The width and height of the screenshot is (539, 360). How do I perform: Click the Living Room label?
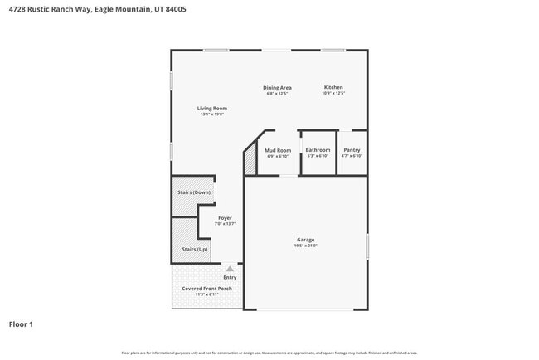tap(211, 108)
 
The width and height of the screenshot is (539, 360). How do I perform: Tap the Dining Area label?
tap(277, 87)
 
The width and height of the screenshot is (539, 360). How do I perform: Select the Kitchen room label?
tap(333, 87)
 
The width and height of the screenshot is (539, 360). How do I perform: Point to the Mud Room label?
tap(277, 150)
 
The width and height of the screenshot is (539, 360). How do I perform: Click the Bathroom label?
tap(318, 150)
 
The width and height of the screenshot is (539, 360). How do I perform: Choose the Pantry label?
tap(352, 150)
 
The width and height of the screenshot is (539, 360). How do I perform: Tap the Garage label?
tap(305, 240)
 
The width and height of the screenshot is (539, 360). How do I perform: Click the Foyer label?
tap(225, 218)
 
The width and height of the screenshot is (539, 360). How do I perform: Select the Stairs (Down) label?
tap(194, 192)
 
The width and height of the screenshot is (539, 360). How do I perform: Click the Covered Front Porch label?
tap(206, 288)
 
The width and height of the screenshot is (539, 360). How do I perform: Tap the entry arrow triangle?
tap(230, 269)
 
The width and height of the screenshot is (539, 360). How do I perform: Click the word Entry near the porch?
tap(230, 277)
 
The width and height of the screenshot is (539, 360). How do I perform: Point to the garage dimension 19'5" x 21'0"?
tap(305, 246)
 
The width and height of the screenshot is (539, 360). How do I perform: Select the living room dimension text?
tap(211, 114)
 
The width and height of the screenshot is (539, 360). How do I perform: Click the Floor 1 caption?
tap(21, 324)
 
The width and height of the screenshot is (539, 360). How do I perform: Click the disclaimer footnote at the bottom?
tap(269, 353)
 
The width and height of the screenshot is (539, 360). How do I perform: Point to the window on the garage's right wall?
tap(367, 247)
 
